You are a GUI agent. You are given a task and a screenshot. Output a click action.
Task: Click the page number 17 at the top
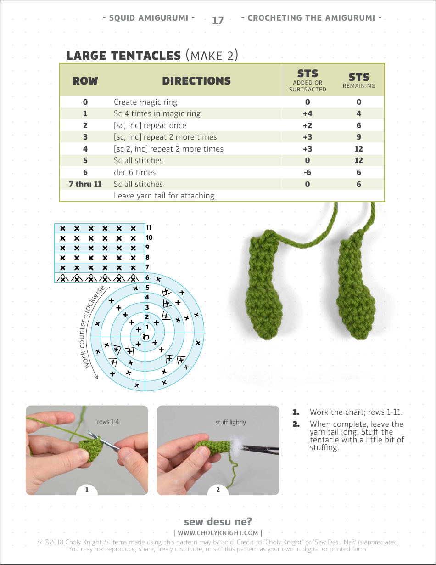click(x=218, y=20)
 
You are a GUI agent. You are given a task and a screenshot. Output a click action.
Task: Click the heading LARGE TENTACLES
click(x=123, y=56)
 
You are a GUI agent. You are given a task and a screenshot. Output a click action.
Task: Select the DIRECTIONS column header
click(x=196, y=81)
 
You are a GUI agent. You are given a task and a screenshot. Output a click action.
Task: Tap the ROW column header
click(x=85, y=81)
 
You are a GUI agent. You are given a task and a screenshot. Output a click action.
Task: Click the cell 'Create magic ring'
click(x=145, y=102)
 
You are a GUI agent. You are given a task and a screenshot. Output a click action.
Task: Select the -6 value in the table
click(x=307, y=172)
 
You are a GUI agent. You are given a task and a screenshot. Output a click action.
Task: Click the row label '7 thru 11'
click(x=85, y=184)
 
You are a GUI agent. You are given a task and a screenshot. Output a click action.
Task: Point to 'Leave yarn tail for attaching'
click(x=164, y=196)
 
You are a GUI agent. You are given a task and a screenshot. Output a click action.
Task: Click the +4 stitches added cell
click(x=307, y=113)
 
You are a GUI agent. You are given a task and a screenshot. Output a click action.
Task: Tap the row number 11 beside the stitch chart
click(x=149, y=227)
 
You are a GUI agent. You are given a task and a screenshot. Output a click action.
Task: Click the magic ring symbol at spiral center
click(x=145, y=337)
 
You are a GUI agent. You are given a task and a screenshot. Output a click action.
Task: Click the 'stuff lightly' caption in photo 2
click(x=230, y=422)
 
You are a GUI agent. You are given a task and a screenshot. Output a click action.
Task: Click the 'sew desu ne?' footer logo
click(x=218, y=522)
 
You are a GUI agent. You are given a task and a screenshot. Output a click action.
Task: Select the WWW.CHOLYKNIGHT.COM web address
click(x=218, y=533)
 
